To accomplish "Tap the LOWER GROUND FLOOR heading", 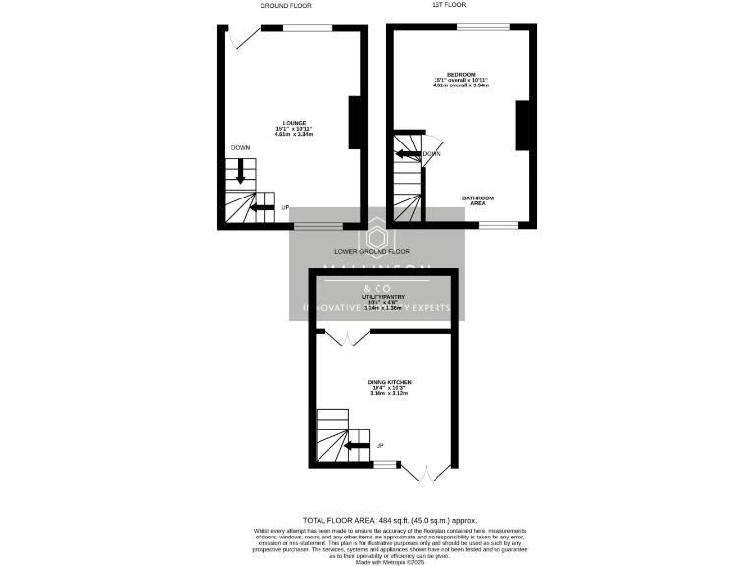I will tap(372, 251).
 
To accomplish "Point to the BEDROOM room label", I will tap(460, 75).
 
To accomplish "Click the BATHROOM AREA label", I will tap(479, 200).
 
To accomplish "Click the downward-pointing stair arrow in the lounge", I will tap(240, 174).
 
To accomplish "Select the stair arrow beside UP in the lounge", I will tap(262, 207).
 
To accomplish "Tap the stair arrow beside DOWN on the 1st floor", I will tap(409, 154).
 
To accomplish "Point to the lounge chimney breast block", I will tap(354, 123).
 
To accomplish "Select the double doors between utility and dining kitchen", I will tap(346, 339).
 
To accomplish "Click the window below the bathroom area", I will tap(498, 225).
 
